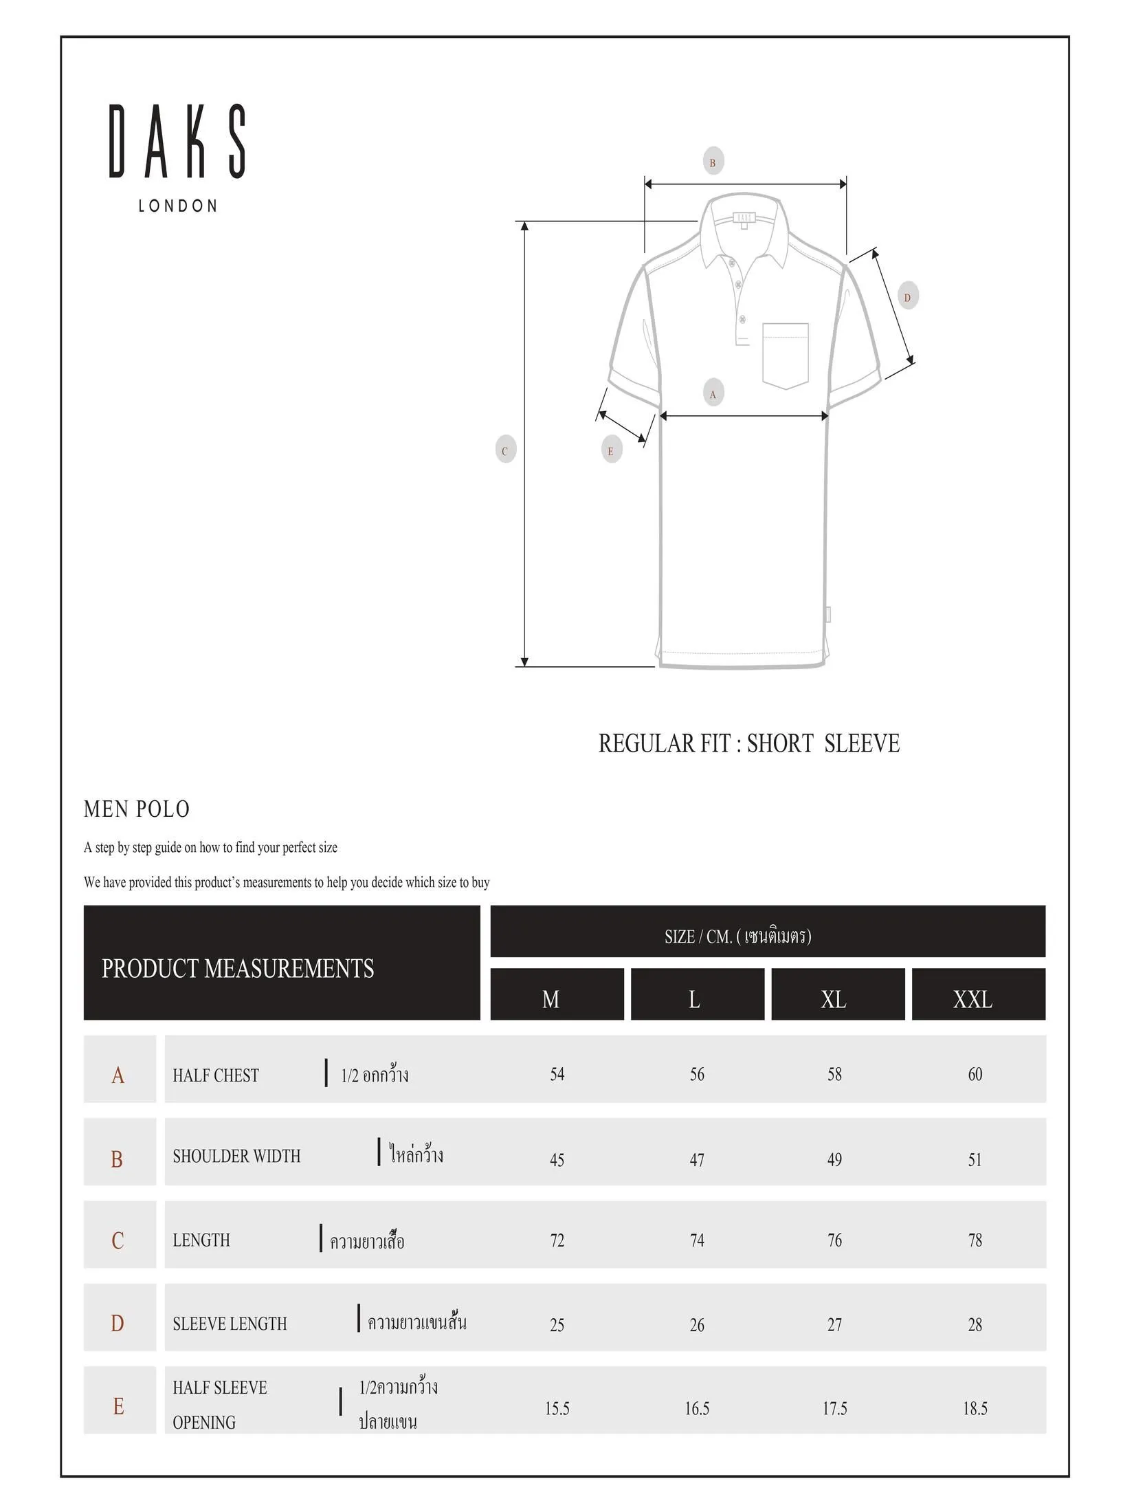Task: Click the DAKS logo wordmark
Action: pyautogui.click(x=177, y=142)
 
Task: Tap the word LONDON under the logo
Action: pyautogui.click(x=177, y=206)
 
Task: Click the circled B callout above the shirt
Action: pyautogui.click(x=713, y=163)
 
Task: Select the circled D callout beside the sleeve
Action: pyautogui.click(x=907, y=297)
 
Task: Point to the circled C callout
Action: pyautogui.click(x=505, y=451)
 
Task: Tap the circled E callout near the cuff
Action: pyautogui.click(x=610, y=451)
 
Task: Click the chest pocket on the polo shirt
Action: pyautogui.click(x=785, y=355)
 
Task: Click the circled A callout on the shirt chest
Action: pyautogui.click(x=713, y=394)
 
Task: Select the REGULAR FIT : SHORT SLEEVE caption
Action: pyautogui.click(x=748, y=744)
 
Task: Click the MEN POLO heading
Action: pyautogui.click(x=137, y=809)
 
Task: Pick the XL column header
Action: pyautogui.click(x=834, y=999)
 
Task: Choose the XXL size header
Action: pyautogui.click(x=972, y=999)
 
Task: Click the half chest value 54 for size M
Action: pyautogui.click(x=557, y=1074)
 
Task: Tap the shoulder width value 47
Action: pyautogui.click(x=697, y=1160)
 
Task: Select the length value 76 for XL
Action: pyautogui.click(x=834, y=1240)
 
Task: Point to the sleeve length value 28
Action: pyautogui.click(x=975, y=1324)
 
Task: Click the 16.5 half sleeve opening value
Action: pyautogui.click(x=697, y=1409)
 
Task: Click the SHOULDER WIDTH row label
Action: pyautogui.click(x=236, y=1157)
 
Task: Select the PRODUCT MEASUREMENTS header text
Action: pyautogui.click(x=238, y=968)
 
